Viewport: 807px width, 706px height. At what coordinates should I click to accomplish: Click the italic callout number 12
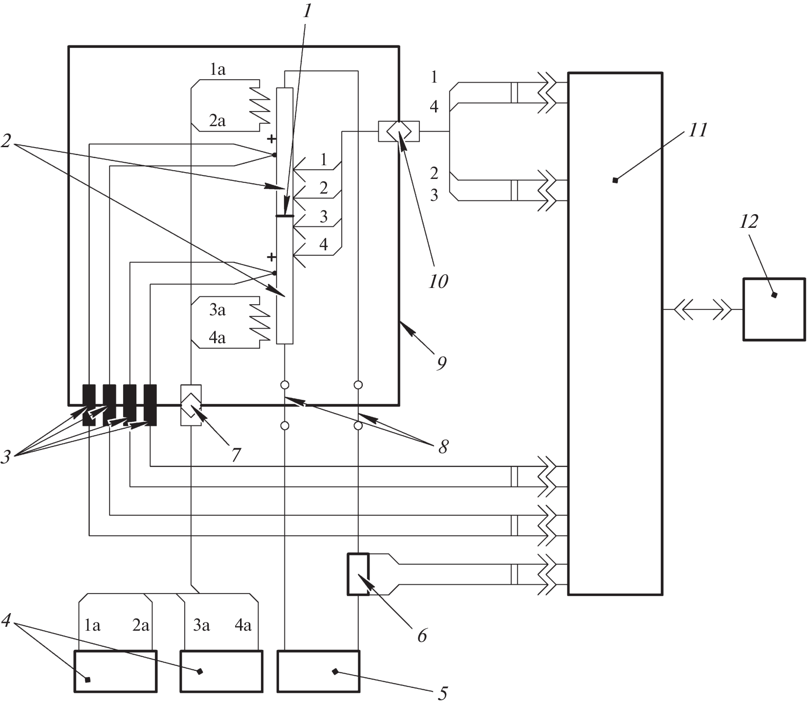click(748, 221)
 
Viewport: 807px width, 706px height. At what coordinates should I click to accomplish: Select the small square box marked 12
click(774, 309)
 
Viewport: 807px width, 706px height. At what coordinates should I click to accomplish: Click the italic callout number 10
click(438, 281)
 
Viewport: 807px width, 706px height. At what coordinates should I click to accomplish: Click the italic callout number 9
click(441, 363)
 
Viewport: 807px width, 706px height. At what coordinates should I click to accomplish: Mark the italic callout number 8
click(443, 446)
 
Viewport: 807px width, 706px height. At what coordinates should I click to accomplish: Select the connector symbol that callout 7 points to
click(191, 405)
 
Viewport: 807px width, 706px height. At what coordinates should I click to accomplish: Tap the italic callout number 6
click(422, 636)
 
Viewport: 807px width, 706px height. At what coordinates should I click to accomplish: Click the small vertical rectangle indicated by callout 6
click(358, 574)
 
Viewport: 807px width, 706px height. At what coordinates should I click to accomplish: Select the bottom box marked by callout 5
click(318, 671)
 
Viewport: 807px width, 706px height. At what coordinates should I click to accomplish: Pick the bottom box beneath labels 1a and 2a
click(116, 671)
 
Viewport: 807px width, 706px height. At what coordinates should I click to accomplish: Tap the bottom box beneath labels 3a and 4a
click(221, 671)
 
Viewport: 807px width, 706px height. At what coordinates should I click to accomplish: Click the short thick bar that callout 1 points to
click(284, 216)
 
